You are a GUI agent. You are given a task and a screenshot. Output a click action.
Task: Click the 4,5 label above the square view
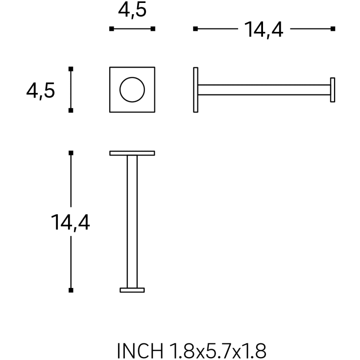pos(132,11)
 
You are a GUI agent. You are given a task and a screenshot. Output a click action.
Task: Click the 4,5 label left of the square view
pos(41,91)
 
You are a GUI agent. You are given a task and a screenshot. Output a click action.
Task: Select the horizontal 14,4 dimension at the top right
pos(264,30)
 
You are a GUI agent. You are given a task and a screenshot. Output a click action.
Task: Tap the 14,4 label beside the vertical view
pos(71,223)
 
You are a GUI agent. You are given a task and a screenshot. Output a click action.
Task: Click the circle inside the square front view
pos(132,90)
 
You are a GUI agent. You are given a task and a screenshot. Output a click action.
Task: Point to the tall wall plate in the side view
pos(196,90)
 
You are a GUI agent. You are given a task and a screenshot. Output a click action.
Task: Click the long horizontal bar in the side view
pos(264,90)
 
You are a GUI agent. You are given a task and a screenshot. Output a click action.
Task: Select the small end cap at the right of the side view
pos(333,90)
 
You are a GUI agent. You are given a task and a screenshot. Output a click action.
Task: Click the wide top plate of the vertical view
pos(132,153)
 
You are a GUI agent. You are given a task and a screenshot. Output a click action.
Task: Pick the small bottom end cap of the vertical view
pos(132,290)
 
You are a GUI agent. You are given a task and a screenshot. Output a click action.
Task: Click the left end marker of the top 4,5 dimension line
pos(112,29)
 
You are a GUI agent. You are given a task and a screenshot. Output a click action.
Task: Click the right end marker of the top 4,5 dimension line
pos(153,29)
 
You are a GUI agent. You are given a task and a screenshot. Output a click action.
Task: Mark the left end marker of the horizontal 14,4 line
pos(195,29)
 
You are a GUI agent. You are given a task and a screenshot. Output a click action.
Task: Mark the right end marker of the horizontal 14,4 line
pos(333,29)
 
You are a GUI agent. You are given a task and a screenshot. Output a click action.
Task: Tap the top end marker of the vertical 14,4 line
pos(71,153)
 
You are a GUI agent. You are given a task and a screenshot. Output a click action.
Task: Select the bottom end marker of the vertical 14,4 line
pos(71,290)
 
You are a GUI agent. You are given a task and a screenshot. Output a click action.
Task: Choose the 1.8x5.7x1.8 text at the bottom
pos(217,351)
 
